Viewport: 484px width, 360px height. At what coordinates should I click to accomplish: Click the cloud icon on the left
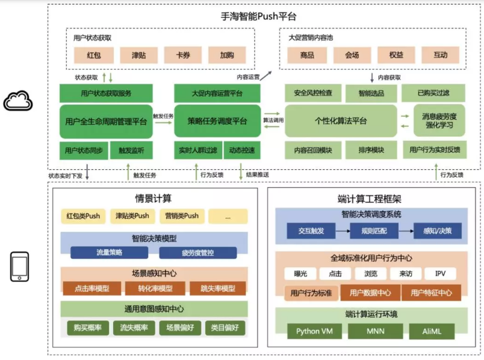(x=17, y=101)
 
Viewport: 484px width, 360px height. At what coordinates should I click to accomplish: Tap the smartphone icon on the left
(x=19, y=267)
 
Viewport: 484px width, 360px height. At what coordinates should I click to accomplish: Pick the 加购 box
(x=227, y=55)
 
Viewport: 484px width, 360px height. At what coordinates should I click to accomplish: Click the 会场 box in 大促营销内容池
(x=352, y=55)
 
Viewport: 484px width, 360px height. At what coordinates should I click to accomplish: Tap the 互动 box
(x=441, y=55)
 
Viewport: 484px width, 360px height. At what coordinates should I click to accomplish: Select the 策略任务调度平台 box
(x=217, y=121)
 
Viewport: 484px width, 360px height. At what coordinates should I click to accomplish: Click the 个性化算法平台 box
(x=341, y=121)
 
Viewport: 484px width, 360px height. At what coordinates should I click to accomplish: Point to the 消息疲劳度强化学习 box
(x=438, y=121)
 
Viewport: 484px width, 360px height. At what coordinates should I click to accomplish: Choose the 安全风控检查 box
(x=313, y=93)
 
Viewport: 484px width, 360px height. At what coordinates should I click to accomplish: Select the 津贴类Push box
(x=132, y=216)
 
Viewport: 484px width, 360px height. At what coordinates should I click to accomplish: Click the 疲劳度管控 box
(x=190, y=253)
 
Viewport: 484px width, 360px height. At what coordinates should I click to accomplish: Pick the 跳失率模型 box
(x=217, y=288)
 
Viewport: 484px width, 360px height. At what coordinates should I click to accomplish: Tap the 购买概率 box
(x=87, y=327)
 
